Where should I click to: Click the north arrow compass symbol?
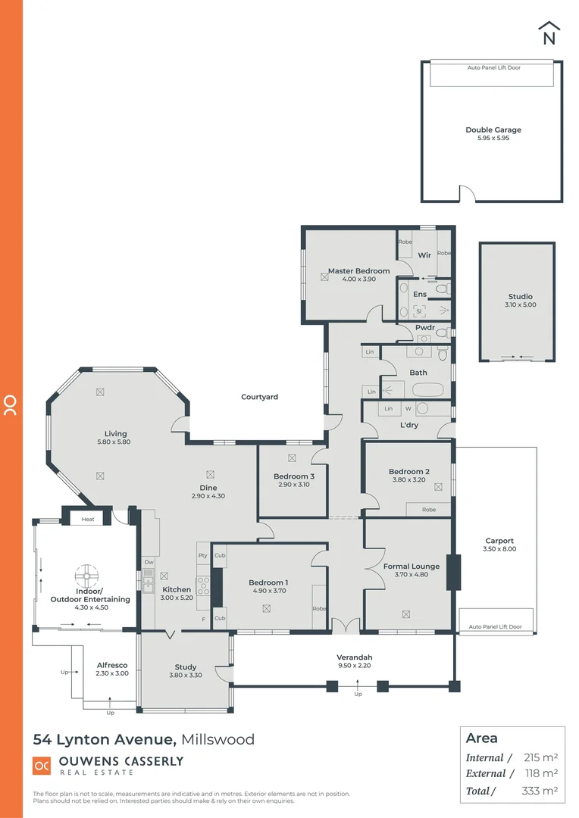click(x=549, y=33)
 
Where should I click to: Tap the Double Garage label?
click(x=493, y=130)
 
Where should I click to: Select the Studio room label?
click(x=520, y=297)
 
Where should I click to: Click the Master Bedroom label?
click(x=358, y=270)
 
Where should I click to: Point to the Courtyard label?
click(x=259, y=397)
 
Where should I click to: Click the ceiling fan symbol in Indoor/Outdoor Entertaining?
click(x=88, y=573)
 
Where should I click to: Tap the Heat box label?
click(x=88, y=520)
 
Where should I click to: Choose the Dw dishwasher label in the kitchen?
click(x=149, y=563)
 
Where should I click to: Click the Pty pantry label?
click(x=202, y=555)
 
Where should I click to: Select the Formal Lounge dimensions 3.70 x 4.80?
click(x=412, y=575)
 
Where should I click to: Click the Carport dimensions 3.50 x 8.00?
click(x=499, y=549)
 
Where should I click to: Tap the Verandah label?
click(x=355, y=657)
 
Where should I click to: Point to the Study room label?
click(x=186, y=667)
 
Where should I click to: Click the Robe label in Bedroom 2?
click(x=429, y=510)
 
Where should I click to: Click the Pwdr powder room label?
click(x=424, y=328)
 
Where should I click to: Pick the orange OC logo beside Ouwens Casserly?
click(x=42, y=766)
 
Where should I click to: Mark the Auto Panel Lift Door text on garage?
click(x=493, y=67)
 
